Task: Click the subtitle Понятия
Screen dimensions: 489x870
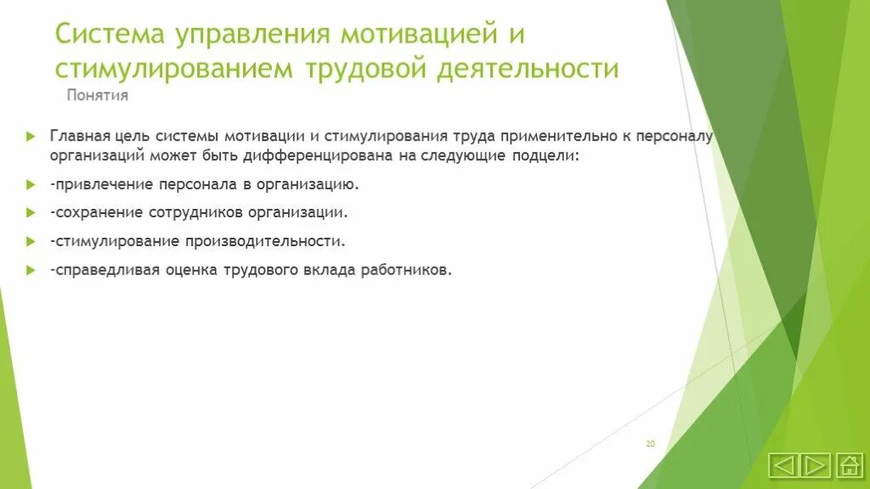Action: [98, 95]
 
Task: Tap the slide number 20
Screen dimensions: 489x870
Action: [650, 444]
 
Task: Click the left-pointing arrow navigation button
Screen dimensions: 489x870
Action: [783, 464]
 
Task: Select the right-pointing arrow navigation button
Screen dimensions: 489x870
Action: [816, 464]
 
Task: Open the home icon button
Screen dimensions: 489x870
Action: [849, 464]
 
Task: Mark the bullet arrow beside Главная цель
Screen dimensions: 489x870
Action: [31, 136]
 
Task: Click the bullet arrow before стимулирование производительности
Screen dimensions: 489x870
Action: [31, 241]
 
